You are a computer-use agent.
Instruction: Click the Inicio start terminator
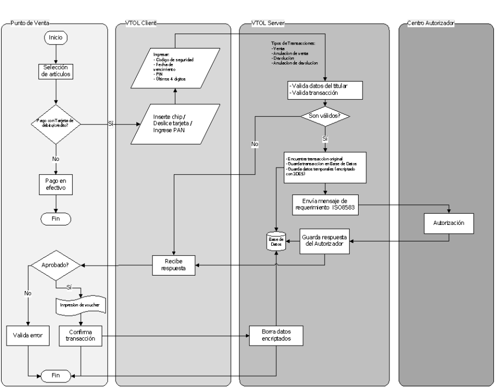(x=56, y=38)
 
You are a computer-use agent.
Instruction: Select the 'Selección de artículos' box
(x=56, y=71)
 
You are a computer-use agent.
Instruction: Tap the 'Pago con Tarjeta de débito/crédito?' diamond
(x=56, y=125)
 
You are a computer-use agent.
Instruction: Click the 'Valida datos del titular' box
(x=325, y=90)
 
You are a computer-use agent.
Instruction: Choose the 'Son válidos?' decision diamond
(x=325, y=117)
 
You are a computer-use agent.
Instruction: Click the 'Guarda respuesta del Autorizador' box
(x=324, y=240)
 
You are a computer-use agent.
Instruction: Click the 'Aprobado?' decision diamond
(x=56, y=265)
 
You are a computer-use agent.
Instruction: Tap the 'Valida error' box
(x=28, y=336)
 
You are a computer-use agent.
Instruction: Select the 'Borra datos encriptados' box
(x=276, y=336)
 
